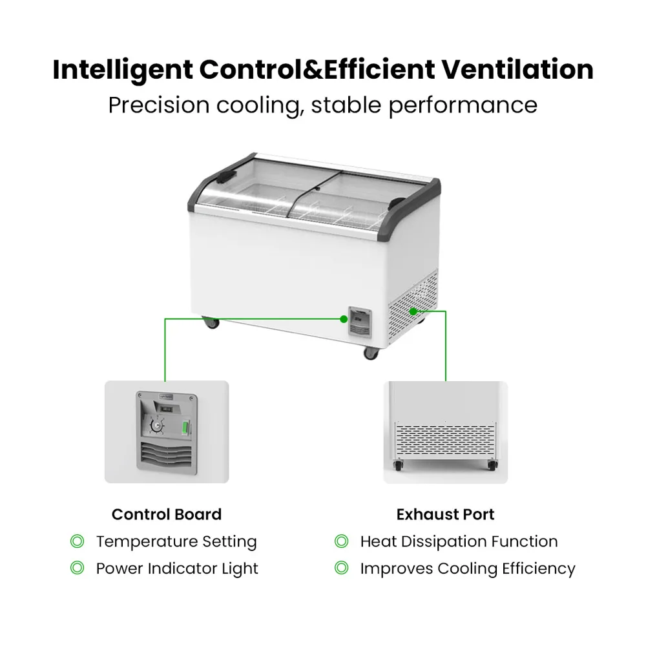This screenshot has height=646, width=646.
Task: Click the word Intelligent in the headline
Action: click(x=123, y=70)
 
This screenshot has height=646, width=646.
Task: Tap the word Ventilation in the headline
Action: click(x=517, y=69)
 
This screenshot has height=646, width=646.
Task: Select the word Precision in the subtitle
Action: click(x=159, y=105)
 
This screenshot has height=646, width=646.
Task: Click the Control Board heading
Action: click(x=167, y=514)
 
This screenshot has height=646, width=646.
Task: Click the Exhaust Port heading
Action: click(x=445, y=515)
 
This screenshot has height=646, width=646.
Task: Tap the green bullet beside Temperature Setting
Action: click(x=77, y=541)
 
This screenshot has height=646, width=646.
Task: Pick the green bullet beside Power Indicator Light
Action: click(x=77, y=568)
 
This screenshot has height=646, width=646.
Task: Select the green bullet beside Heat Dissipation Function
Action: click(x=341, y=541)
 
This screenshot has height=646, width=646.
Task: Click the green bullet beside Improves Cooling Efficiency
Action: click(x=341, y=568)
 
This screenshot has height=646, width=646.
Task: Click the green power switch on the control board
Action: click(x=186, y=427)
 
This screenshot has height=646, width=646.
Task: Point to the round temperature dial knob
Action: click(x=157, y=426)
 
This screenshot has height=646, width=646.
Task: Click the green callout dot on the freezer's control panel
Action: click(x=344, y=319)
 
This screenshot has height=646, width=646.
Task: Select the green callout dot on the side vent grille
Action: click(x=413, y=311)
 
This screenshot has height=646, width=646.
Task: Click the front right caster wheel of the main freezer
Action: click(x=371, y=353)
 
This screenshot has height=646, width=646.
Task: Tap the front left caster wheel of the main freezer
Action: click(x=211, y=322)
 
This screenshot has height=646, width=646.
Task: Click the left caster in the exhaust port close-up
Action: click(x=399, y=465)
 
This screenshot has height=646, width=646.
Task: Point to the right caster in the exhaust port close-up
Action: click(x=492, y=465)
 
